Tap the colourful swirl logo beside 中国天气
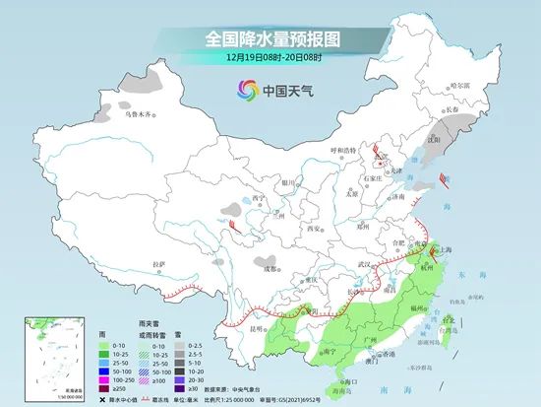(246, 91)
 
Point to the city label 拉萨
(159, 264)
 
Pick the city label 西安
(315, 228)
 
